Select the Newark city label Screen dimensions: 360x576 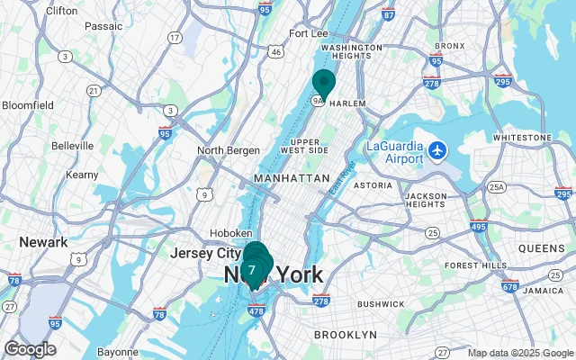click(43, 242)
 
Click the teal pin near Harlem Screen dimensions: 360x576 click(323, 83)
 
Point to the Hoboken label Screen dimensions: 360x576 click(231, 233)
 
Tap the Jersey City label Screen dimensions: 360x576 click(205, 254)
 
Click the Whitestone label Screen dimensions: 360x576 click(521, 137)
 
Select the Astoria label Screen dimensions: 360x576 click(373, 185)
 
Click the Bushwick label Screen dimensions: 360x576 click(355, 304)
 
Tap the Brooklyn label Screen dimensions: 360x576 click(345, 335)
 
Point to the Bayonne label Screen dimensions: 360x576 click(117, 351)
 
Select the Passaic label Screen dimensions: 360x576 click(103, 27)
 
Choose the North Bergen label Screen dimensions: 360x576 click(229, 150)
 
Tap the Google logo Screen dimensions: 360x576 click(30, 349)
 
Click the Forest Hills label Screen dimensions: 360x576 click(473, 265)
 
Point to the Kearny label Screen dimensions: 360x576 click(82, 174)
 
